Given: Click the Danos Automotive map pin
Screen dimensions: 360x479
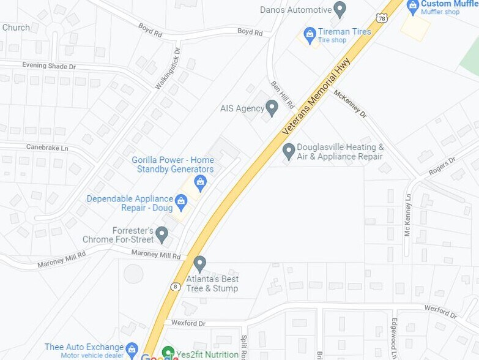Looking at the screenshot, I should pyautogui.click(x=340, y=10).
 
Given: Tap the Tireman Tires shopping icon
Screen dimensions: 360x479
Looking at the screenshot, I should pyautogui.click(x=310, y=33).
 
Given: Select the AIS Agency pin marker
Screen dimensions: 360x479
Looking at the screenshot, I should pyautogui.click(x=272, y=109).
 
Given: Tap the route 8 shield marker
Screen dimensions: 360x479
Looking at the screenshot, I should pyautogui.click(x=176, y=286).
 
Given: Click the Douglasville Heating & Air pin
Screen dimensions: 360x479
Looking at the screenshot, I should pyautogui.click(x=289, y=150).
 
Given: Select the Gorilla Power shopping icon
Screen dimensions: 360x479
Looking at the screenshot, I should pyautogui.click(x=200, y=181).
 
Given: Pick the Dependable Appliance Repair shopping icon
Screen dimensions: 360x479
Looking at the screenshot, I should pyautogui.click(x=181, y=201).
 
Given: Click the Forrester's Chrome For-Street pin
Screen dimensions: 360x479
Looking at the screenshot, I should pyautogui.click(x=162, y=233).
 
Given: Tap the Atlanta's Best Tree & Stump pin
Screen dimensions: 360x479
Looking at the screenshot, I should pyautogui.click(x=199, y=263).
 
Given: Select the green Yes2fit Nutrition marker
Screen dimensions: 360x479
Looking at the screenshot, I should pyautogui.click(x=168, y=353).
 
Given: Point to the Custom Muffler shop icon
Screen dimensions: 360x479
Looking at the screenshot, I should pyautogui.click(x=413, y=6).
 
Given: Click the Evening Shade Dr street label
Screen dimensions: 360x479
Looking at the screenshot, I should pyautogui.click(x=49, y=66).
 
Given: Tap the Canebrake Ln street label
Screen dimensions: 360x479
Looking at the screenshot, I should pyautogui.click(x=47, y=147).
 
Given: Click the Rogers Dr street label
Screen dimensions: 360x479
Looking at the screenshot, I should pyautogui.click(x=442, y=166).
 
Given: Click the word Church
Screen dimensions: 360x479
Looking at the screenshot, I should pyautogui.click(x=16, y=28).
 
